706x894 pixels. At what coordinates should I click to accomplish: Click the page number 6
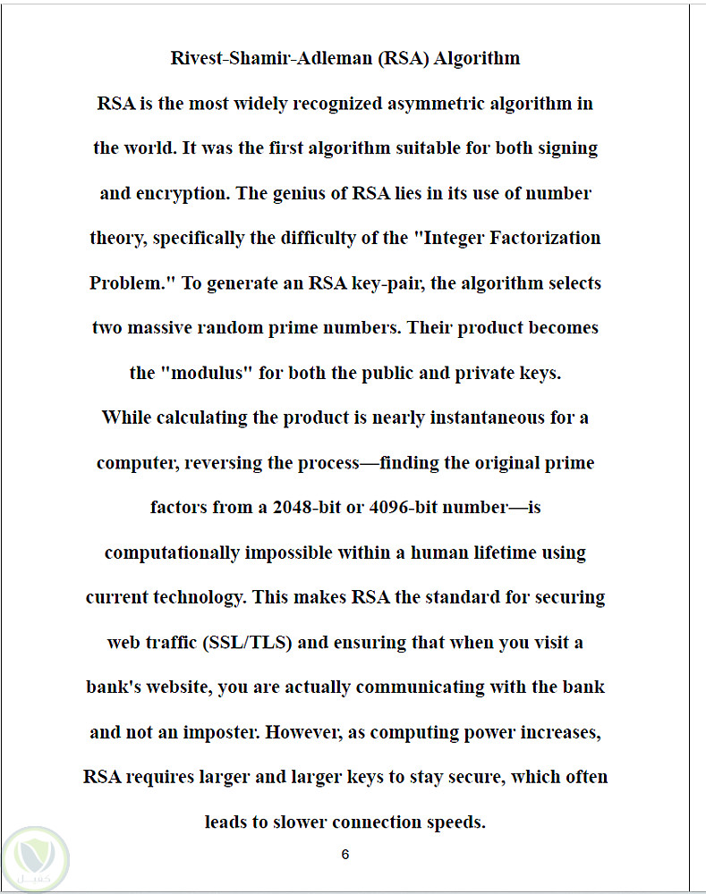[345, 855]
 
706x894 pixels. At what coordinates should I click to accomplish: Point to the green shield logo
[35, 856]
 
